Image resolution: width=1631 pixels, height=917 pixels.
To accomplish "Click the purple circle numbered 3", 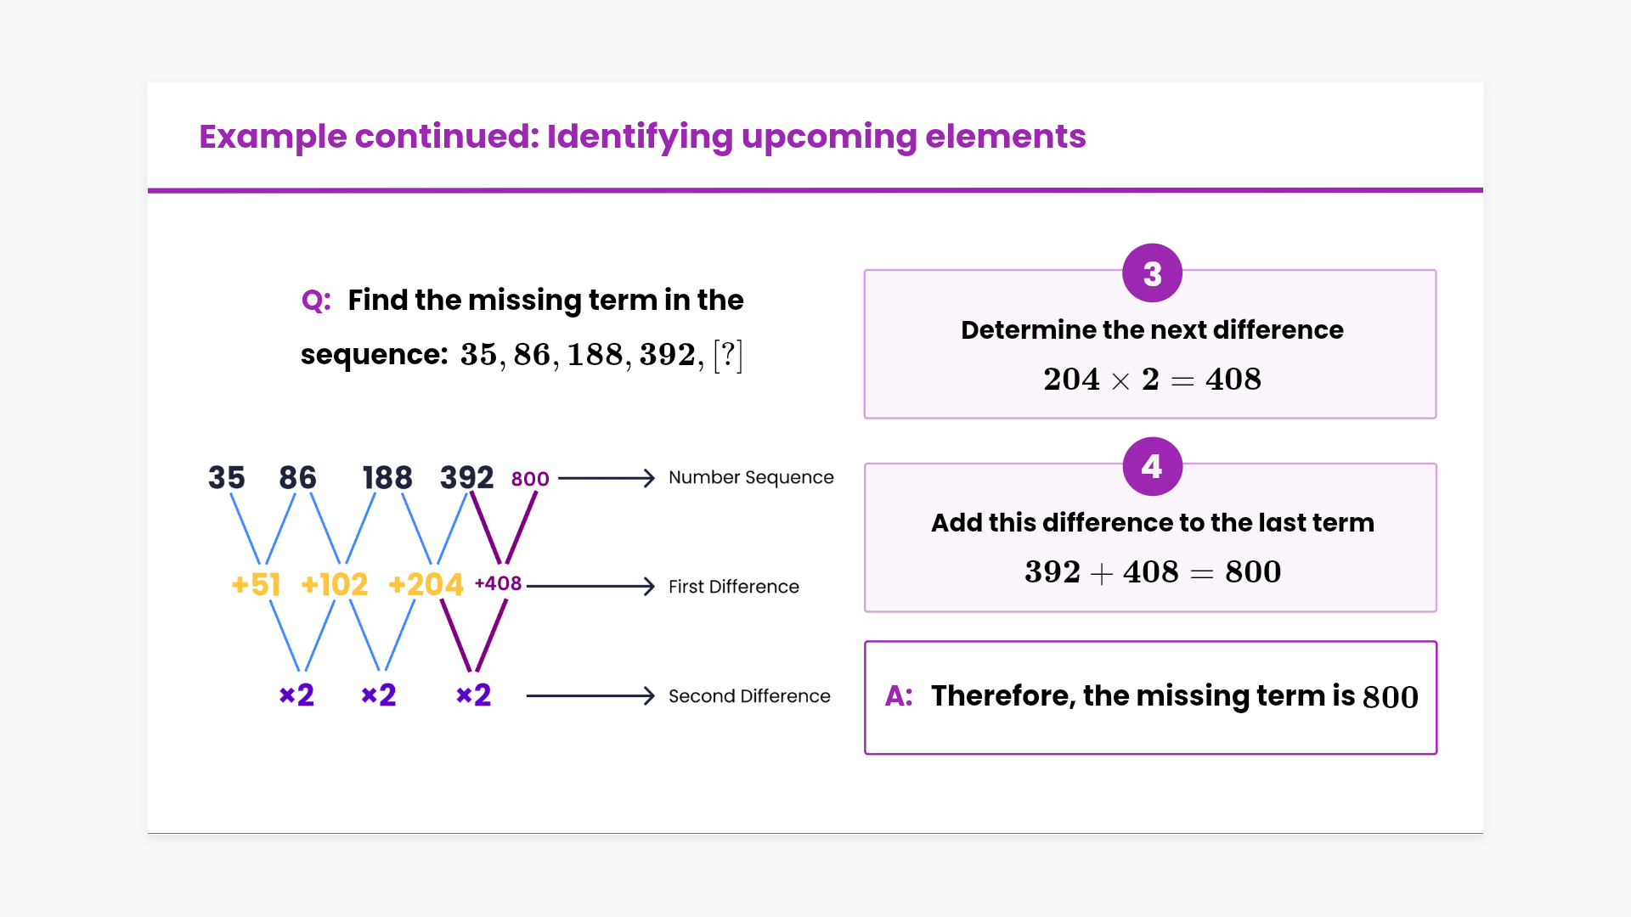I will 1152,273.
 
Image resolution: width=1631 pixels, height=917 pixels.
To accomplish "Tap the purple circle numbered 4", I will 1152,466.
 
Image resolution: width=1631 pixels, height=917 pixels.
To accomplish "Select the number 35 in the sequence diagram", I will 226,478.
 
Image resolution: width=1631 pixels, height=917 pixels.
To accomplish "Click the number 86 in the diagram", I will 297,478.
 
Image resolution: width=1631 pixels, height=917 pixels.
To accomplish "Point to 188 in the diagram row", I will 387,478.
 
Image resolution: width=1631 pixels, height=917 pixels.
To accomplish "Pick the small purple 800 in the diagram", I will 530,479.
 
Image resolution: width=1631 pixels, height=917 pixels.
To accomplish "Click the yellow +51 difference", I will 256,584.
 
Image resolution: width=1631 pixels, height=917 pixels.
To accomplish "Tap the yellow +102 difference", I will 335,584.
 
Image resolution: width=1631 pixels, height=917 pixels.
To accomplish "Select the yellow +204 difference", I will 426,584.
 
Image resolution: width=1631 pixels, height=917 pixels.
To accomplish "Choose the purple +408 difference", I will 498,583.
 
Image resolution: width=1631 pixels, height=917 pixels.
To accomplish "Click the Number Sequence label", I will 751,477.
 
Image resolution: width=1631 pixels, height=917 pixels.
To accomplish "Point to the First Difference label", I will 733,587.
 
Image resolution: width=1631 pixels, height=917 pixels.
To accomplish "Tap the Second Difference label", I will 749,696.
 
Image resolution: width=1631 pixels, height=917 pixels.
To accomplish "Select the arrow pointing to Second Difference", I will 590,696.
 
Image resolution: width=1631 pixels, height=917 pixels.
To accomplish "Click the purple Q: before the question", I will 316,301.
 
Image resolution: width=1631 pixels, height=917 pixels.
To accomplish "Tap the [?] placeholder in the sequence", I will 728,355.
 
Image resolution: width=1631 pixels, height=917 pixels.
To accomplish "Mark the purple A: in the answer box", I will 899,696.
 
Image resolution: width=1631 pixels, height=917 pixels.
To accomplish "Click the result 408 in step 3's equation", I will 1233,380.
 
